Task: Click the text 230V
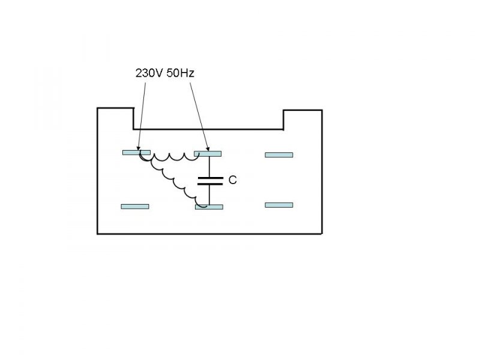coord(146,73)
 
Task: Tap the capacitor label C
coord(232,179)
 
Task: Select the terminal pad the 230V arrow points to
coord(136,152)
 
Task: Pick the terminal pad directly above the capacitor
coord(208,153)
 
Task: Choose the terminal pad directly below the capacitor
coord(209,207)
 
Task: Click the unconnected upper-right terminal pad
coord(279,155)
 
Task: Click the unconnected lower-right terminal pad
coord(279,205)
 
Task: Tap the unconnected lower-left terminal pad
coord(135,206)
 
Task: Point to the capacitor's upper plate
coord(209,178)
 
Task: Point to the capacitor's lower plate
coord(209,184)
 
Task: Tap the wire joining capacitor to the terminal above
coord(209,167)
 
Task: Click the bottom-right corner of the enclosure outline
coord(323,233)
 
